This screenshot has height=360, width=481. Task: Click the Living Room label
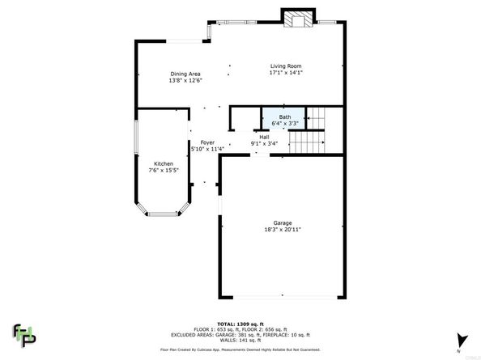tap(286, 66)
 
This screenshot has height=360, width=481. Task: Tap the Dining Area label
tap(185, 74)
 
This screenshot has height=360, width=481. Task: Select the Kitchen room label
tap(163, 163)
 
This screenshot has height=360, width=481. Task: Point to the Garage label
tap(282, 223)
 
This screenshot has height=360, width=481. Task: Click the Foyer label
tap(207, 142)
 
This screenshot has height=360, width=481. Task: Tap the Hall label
tap(264, 137)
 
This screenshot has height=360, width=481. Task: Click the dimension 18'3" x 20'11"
tap(282, 230)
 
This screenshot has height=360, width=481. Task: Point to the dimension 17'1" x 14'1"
tap(286, 72)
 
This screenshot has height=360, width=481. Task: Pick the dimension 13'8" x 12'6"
tap(185, 80)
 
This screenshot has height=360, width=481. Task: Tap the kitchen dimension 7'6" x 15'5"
tap(163, 170)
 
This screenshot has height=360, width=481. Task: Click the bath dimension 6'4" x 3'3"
tap(284, 124)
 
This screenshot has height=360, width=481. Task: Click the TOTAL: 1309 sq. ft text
tap(240, 322)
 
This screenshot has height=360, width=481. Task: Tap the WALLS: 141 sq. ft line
tap(240, 340)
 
